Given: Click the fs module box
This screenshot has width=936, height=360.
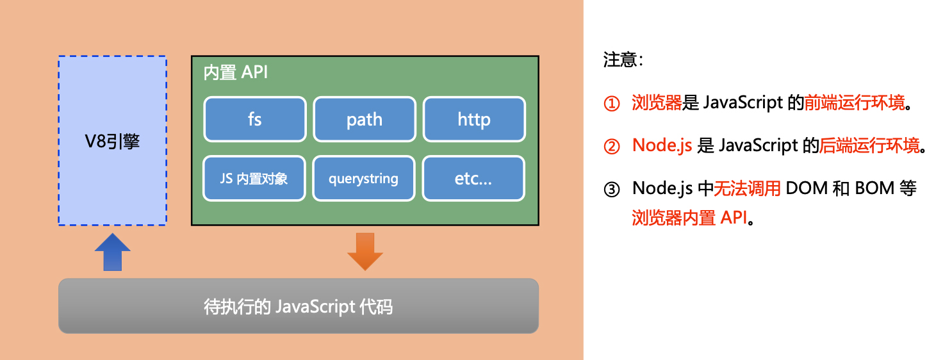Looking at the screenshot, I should (x=254, y=119).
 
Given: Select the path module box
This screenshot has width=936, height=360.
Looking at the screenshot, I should (x=364, y=119).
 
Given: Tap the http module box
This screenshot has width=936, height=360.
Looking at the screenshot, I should (x=474, y=119).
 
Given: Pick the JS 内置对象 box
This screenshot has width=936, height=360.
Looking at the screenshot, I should (x=254, y=178).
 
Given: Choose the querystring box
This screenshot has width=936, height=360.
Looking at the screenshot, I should (x=364, y=178).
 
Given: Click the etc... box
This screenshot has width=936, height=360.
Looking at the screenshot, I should (x=474, y=178).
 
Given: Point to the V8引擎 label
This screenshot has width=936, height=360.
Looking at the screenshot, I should (x=112, y=142).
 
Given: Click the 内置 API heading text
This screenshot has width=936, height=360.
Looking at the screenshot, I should (x=235, y=72).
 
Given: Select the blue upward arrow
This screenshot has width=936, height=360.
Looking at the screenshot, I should (x=112, y=251).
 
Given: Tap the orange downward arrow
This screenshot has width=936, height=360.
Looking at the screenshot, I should (x=365, y=251).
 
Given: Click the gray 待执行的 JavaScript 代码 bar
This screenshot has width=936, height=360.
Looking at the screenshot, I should (x=298, y=306).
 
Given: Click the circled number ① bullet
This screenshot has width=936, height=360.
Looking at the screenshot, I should (x=612, y=103).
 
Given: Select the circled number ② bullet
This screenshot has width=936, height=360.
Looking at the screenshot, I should (x=612, y=146).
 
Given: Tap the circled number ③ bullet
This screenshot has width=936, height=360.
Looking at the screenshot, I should (x=612, y=189).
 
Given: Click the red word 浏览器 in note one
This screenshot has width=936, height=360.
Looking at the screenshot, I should (x=657, y=102).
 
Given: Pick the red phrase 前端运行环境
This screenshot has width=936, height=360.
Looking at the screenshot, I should (x=855, y=102).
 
